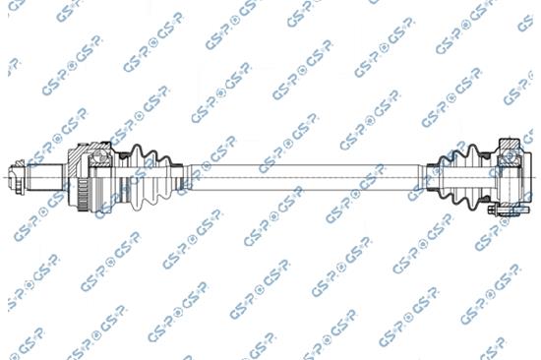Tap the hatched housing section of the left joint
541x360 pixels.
point(78,156)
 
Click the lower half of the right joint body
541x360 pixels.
point(511,192)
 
